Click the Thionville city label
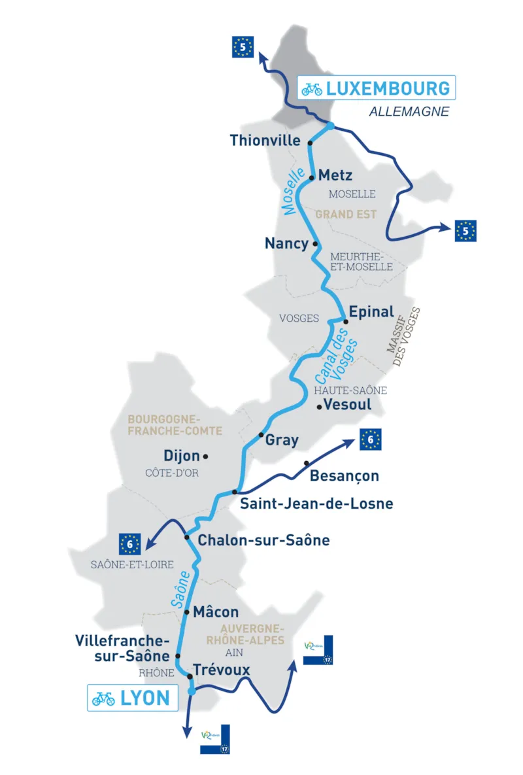pyautogui.click(x=265, y=141)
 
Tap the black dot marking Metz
pyautogui.click(x=312, y=175)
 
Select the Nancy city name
pyautogui.click(x=286, y=243)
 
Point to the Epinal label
pyautogui.click(x=371, y=312)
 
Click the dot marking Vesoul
pyautogui.click(x=319, y=407)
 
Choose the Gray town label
pyautogui.click(x=282, y=440)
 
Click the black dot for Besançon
pyautogui.click(x=307, y=464)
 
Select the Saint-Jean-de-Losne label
pyautogui.click(x=316, y=504)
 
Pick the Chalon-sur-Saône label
pyautogui.click(x=263, y=540)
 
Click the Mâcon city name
pyautogui.click(x=216, y=613)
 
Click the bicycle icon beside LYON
pyautogui.click(x=103, y=698)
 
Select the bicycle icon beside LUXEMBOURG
pyautogui.click(x=312, y=89)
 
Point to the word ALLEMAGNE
pyautogui.click(x=409, y=112)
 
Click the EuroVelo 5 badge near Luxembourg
pyautogui.click(x=243, y=47)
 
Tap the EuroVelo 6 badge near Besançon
pyautogui.click(x=370, y=440)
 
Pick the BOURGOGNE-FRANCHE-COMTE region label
pyautogui.click(x=175, y=425)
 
